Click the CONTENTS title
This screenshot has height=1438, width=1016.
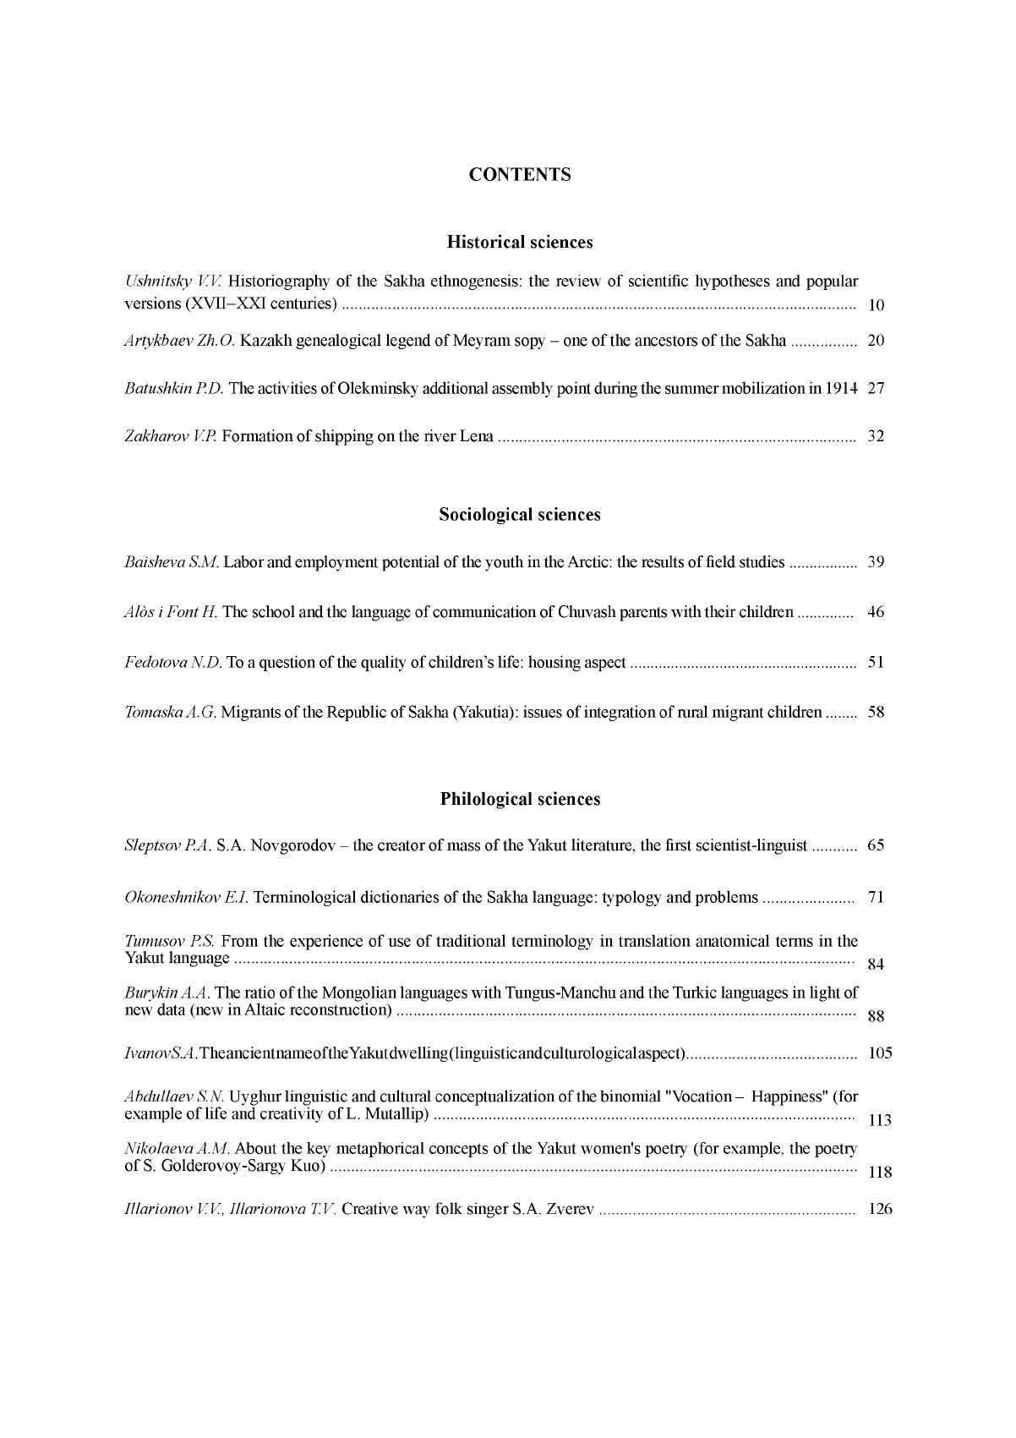pyautogui.click(x=520, y=175)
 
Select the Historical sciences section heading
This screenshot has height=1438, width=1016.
pyautogui.click(x=520, y=243)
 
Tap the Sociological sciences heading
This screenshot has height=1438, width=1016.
pyautogui.click(x=520, y=515)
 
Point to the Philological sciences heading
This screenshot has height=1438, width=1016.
pyautogui.click(x=520, y=800)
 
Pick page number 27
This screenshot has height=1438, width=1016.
pyautogui.click(x=876, y=389)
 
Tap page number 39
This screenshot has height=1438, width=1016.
pyautogui.click(x=876, y=562)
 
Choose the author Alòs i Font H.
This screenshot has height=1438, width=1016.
pyautogui.click(x=171, y=612)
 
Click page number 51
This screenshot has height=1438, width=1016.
pyautogui.click(x=876, y=662)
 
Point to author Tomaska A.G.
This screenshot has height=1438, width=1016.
pyautogui.click(x=171, y=712)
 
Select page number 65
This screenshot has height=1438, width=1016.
pyautogui.click(x=876, y=845)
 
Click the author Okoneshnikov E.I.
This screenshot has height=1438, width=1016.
pyautogui.click(x=186, y=897)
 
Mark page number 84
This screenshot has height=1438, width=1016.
pyautogui.click(x=876, y=965)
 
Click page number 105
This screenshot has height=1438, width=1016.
pyautogui.click(x=880, y=1053)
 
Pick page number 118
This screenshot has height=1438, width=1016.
pyautogui.click(x=880, y=1173)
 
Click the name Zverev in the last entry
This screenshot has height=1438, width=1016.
pyautogui.click(x=571, y=1209)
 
